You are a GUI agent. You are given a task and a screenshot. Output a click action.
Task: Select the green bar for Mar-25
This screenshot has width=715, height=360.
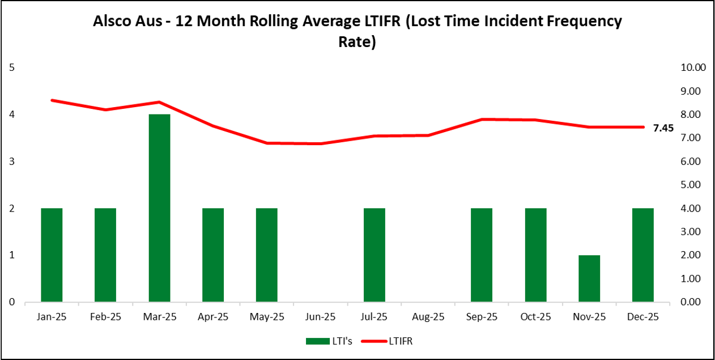159,208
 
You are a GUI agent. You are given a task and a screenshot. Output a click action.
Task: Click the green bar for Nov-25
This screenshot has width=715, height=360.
589,278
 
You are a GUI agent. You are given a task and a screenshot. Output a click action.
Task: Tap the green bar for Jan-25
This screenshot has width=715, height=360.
52,255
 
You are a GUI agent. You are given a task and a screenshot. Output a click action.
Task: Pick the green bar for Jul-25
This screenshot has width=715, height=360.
374,255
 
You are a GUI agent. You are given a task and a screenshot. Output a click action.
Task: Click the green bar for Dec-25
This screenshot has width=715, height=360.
643,255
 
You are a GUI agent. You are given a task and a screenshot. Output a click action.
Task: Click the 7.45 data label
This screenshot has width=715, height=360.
663,128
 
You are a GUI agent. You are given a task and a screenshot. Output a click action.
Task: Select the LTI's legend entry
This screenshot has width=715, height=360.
329,341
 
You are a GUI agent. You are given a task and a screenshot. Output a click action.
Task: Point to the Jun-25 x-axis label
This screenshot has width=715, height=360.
321,317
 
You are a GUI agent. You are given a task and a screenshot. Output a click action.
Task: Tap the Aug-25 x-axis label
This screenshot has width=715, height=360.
428,317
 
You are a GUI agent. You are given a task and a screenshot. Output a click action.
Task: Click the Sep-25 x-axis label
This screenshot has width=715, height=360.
482,317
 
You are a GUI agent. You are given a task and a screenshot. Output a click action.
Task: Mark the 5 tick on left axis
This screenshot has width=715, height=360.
12,67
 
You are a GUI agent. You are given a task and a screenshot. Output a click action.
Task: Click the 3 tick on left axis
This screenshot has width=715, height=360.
12,162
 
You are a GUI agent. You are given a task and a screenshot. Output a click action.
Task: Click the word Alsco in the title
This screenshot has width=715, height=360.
113,22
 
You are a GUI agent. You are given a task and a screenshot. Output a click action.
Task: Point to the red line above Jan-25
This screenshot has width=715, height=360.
52,100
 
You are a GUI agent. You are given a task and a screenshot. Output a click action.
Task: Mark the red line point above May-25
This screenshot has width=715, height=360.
267,143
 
